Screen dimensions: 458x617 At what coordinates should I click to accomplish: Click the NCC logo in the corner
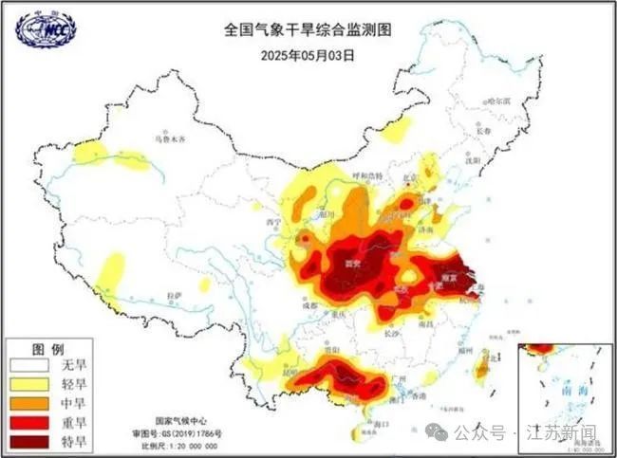click(x=45, y=28)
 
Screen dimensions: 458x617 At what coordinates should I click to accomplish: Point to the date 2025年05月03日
click(x=308, y=54)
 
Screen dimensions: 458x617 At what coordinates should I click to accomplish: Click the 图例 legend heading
click(x=47, y=347)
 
